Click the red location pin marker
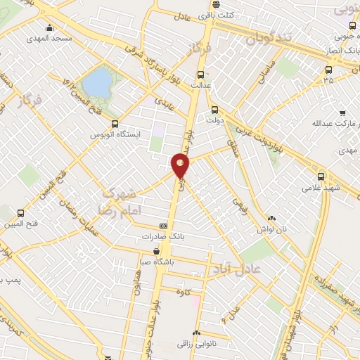(x=181, y=165)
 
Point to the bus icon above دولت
(x=215, y=110)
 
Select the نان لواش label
(x=273, y=228)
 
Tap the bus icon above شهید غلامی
(x=321, y=176)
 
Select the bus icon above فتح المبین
(x=20, y=213)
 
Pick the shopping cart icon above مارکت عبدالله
(x=342, y=113)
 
